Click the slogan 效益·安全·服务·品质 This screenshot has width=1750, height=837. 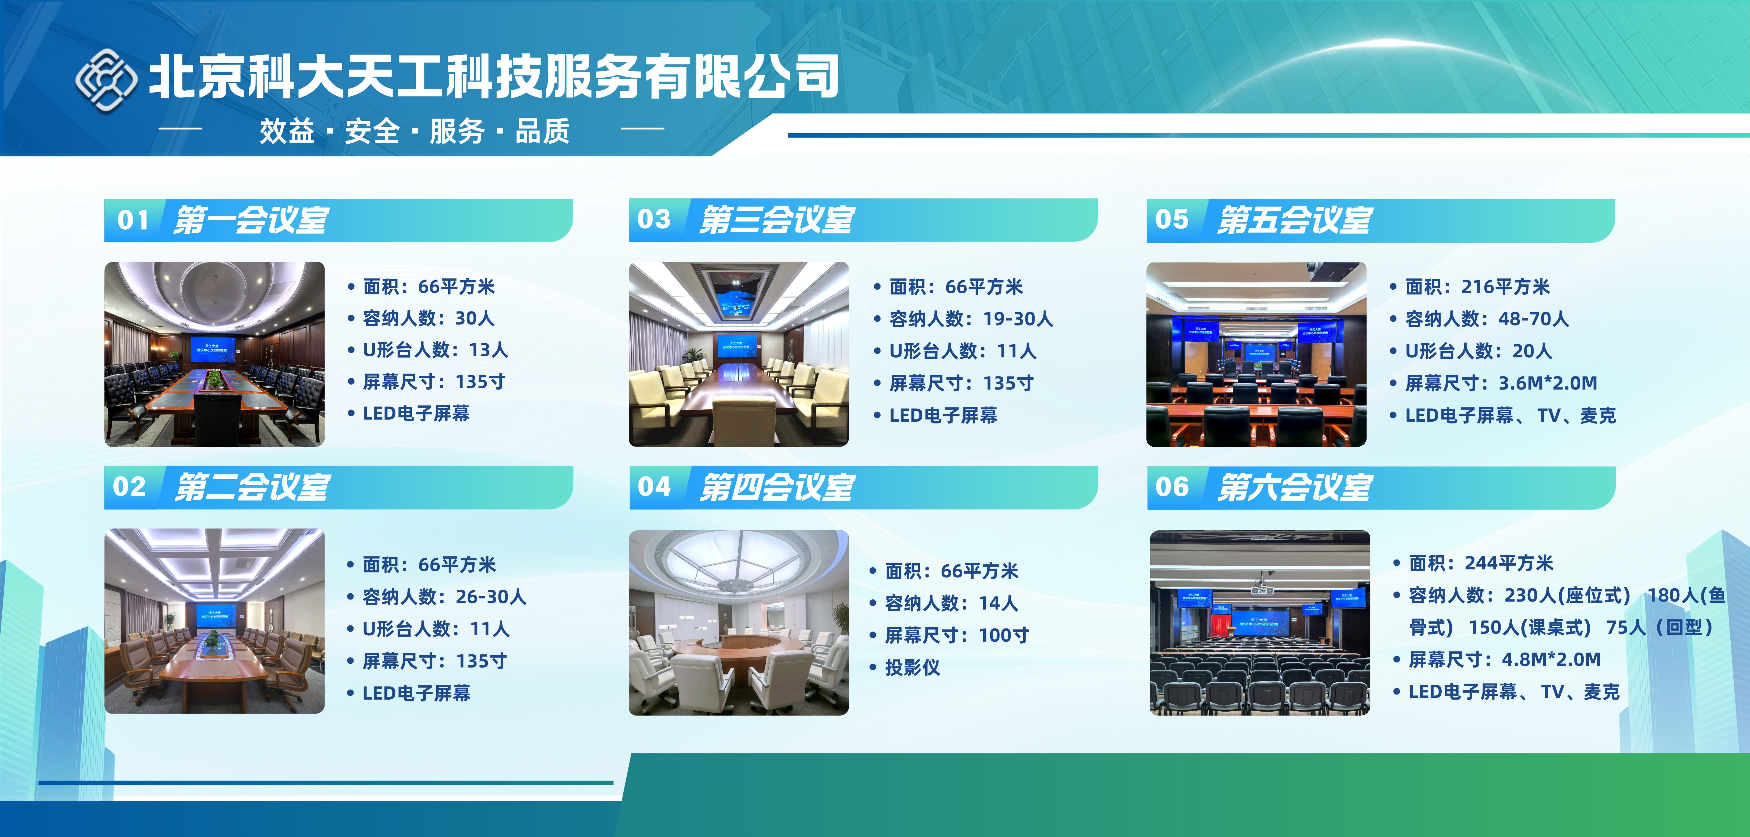[414, 130]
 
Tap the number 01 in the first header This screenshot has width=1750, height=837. [133, 220]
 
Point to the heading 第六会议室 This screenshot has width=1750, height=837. [1294, 487]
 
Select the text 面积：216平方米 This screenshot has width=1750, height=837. [1478, 287]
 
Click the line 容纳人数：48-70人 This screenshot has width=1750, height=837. [1487, 319]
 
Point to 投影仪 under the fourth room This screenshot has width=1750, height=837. [912, 667]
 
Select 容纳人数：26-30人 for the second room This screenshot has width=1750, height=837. [444, 597]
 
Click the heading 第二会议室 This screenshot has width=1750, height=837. [252, 487]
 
